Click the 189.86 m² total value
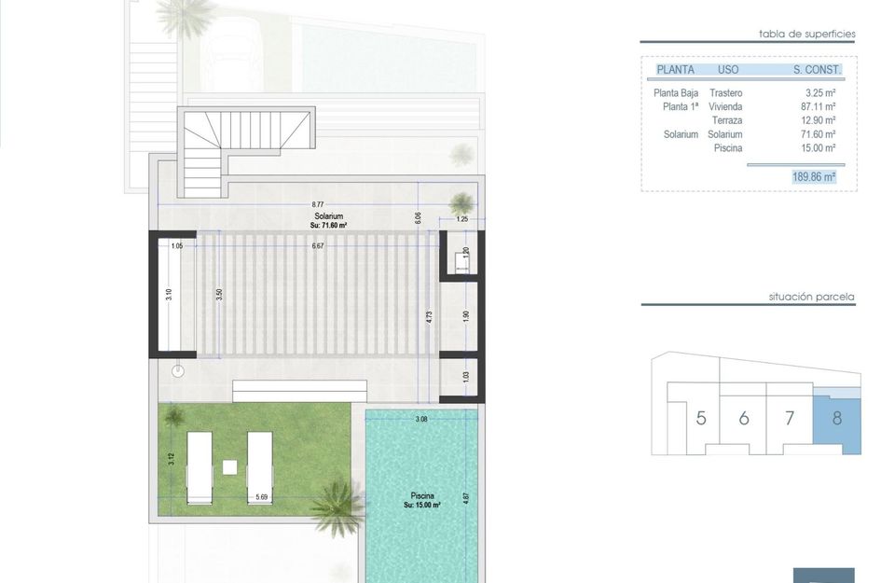pyautogui.click(x=813, y=175)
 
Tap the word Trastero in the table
pyautogui.click(x=725, y=93)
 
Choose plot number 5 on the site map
pyautogui.click(x=701, y=418)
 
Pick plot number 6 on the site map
pyautogui.click(x=744, y=418)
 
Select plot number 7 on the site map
pyautogui.click(x=790, y=418)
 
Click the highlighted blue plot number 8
pyautogui.click(x=836, y=418)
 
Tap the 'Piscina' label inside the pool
pyautogui.click(x=420, y=496)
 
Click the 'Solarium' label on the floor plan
pyautogui.click(x=327, y=216)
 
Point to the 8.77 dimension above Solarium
pyautogui.click(x=318, y=204)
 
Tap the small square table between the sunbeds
pyautogui.click(x=229, y=465)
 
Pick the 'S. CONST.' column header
pyautogui.click(x=817, y=69)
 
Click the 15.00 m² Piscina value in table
pyautogui.click(x=819, y=147)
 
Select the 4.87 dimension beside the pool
pyautogui.click(x=466, y=497)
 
